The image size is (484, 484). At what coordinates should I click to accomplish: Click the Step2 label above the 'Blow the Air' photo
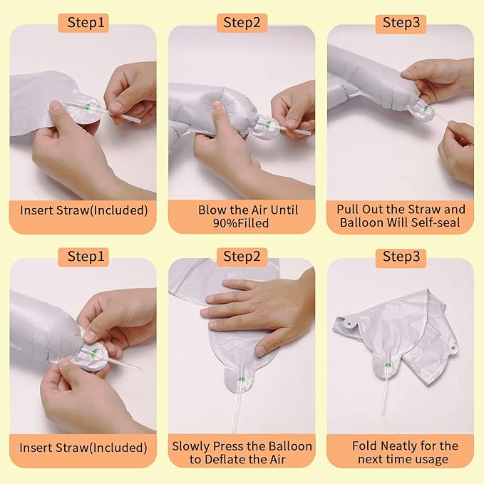click(x=242, y=23)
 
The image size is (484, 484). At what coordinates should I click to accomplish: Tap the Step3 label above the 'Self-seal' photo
click(x=401, y=23)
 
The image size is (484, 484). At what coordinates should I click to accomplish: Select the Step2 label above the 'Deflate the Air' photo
click(x=242, y=257)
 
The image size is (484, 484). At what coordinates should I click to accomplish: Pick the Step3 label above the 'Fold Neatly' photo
click(x=401, y=257)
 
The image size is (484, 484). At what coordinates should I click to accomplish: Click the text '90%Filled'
click(x=241, y=223)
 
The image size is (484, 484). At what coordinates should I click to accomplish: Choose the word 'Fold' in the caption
click(x=364, y=446)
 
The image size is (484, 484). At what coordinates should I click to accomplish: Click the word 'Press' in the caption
click(x=228, y=446)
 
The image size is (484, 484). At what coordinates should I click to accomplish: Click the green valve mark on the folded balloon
click(x=387, y=366)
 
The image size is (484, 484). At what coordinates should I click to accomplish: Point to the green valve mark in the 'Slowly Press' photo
click(x=242, y=379)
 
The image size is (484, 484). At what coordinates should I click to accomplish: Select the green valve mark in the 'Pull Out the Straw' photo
click(x=426, y=108)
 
